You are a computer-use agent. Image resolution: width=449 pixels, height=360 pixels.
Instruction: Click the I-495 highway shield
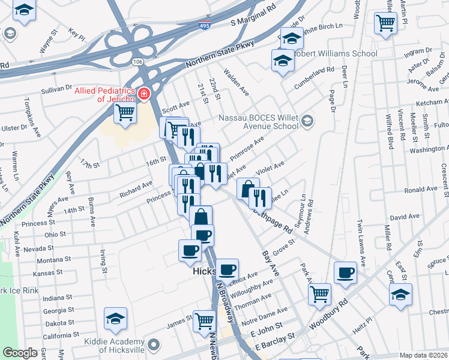(x=204, y=26)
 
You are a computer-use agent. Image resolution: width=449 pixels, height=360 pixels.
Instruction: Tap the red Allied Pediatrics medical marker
(x=143, y=93)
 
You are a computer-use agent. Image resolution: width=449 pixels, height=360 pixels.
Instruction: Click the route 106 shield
(x=138, y=61)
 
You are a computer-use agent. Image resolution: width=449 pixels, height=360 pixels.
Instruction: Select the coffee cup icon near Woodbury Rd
(x=345, y=273)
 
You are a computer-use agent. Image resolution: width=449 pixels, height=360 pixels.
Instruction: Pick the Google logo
(x=20, y=353)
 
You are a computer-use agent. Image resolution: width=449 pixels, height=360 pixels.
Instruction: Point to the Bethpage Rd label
(x=276, y=220)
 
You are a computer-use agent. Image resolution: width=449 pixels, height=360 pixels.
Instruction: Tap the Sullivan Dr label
(x=57, y=89)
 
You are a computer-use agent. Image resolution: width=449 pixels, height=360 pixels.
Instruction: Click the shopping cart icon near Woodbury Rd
(x=320, y=294)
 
